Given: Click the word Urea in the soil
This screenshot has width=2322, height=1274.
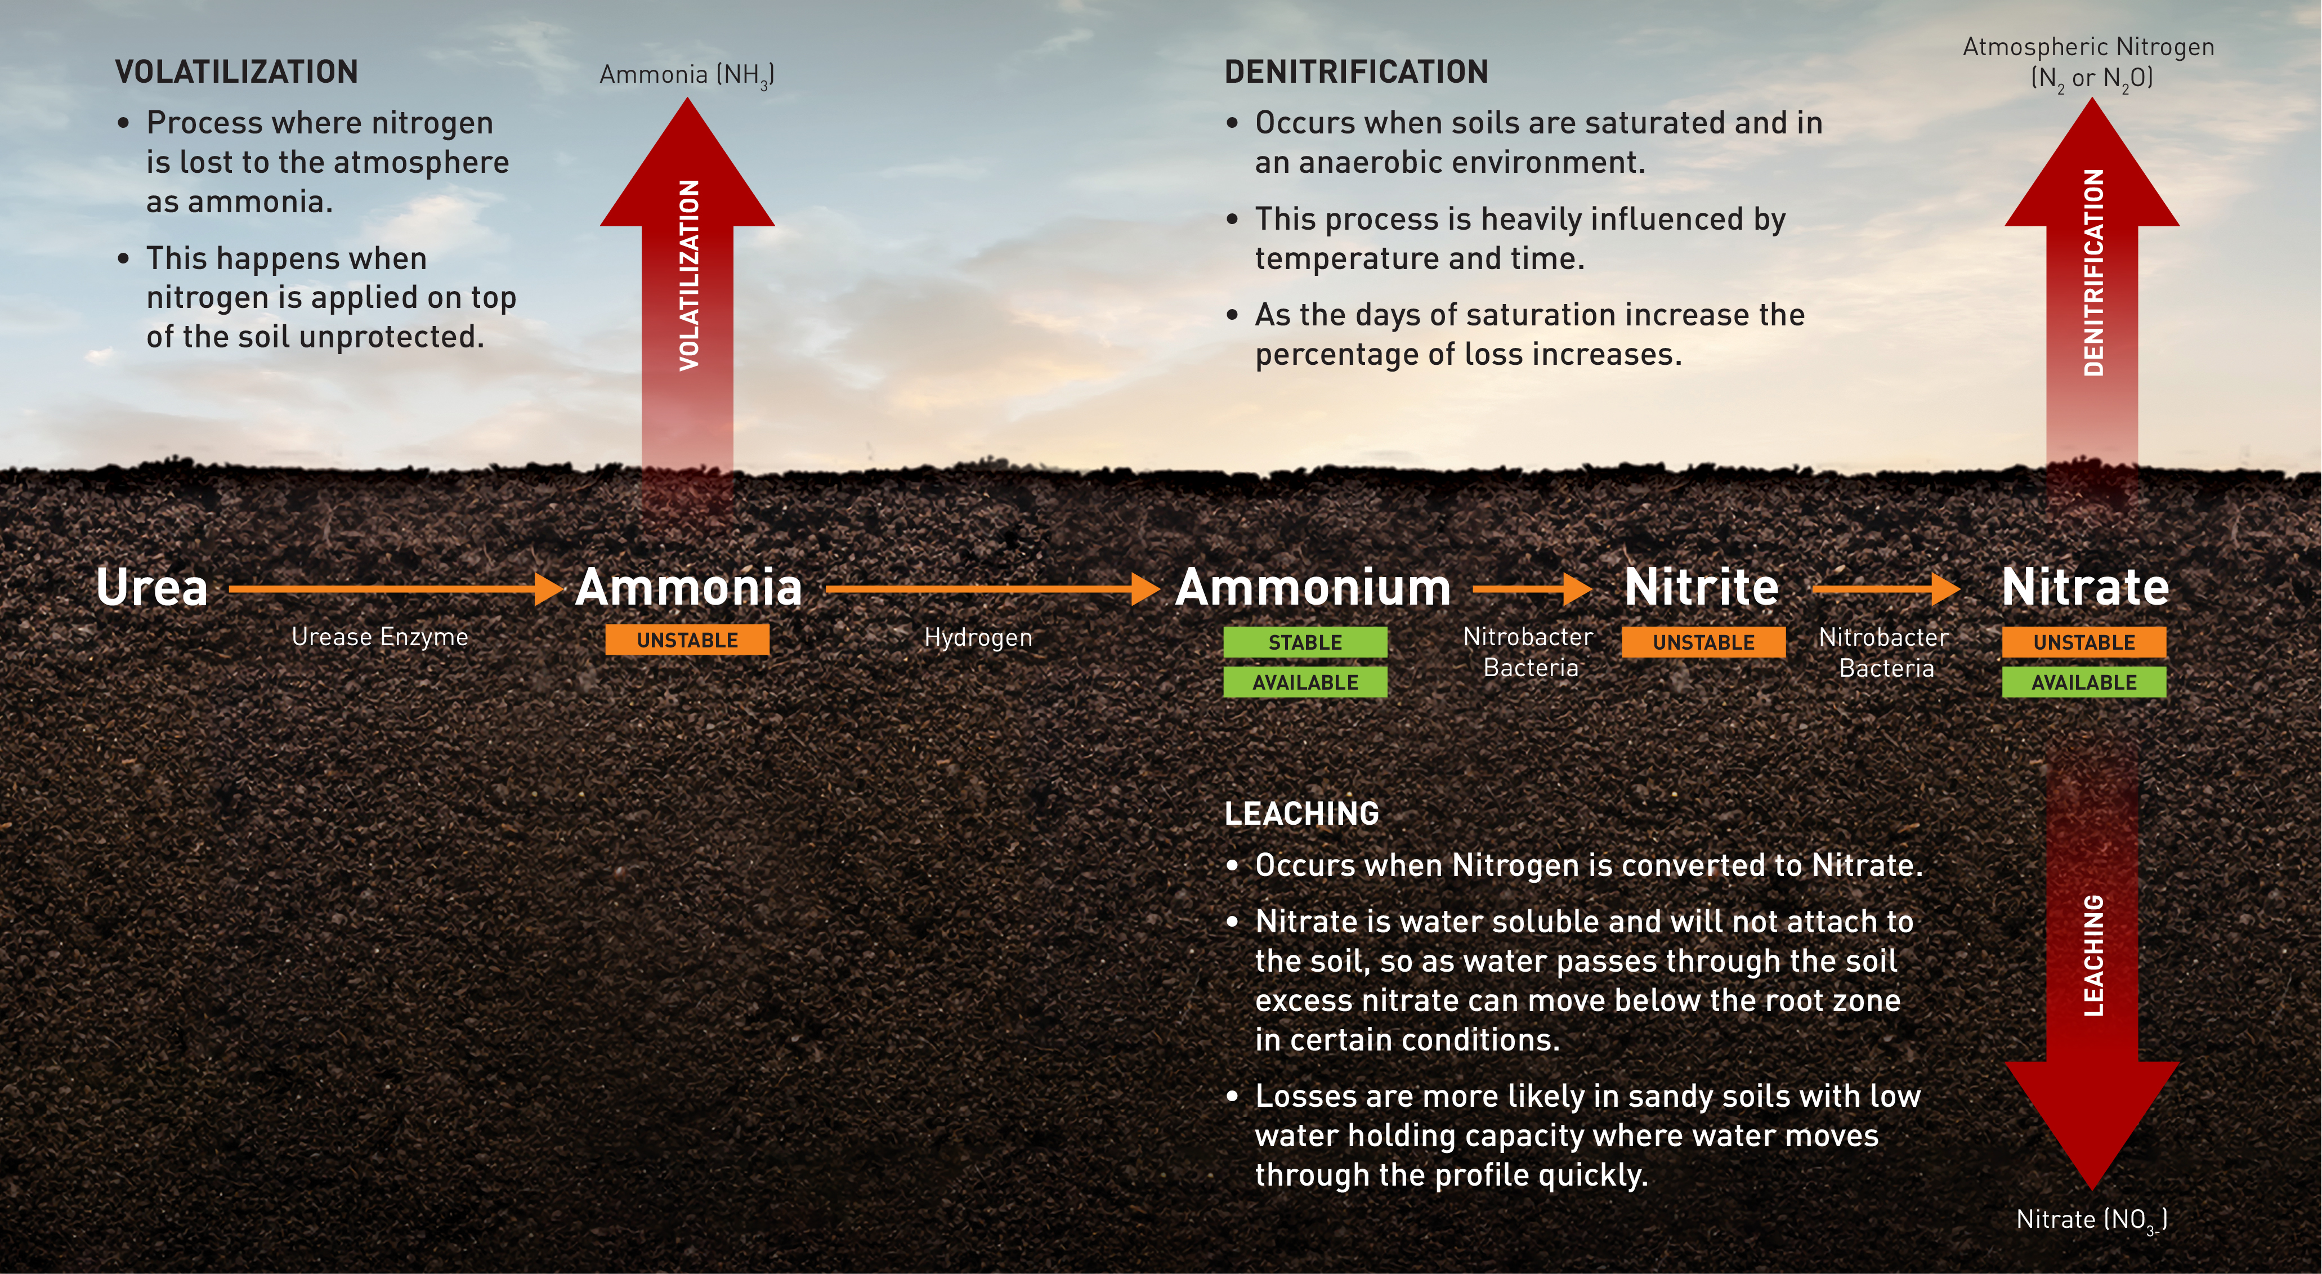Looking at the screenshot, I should pos(151,588).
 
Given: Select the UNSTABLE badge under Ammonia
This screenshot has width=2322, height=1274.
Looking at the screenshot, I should pos(687,640).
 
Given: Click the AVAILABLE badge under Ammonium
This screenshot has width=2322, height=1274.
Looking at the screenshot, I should pos(1304,682).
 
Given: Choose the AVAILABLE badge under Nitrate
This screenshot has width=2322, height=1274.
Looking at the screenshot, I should pos(2083,682).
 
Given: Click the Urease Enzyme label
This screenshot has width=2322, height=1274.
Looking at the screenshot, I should pos(379,637).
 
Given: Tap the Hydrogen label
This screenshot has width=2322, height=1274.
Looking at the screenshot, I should pos(978,637).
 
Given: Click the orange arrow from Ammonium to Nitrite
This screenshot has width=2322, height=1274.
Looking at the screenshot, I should pos(1532,589).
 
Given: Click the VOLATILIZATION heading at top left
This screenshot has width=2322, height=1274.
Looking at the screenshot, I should pos(236,72).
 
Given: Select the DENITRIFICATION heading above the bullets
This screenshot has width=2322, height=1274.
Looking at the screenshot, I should pos(1355,72).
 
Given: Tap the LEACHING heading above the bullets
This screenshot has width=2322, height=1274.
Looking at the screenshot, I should pos(1301,813).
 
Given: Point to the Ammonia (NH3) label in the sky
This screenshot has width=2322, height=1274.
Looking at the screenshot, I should pos(687,75).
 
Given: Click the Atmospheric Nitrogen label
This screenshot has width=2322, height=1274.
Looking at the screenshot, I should pos(2088,61).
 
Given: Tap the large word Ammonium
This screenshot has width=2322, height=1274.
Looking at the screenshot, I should pos(1313,588).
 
